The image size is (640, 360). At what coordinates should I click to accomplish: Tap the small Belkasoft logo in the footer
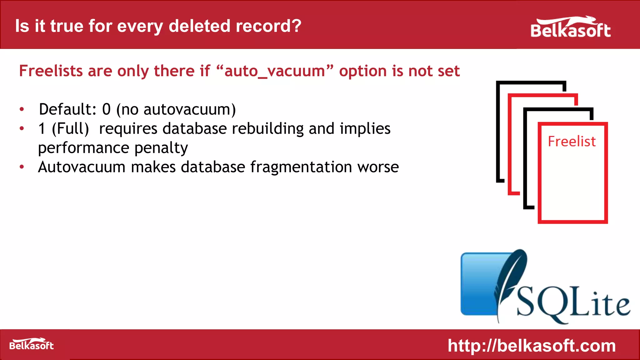point(32,344)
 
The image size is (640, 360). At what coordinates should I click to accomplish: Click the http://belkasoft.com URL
point(532,346)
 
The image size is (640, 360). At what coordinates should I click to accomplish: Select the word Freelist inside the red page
point(572,141)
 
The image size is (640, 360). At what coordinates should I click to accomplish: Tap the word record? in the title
point(268,26)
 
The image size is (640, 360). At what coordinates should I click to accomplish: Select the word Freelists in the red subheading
point(51,71)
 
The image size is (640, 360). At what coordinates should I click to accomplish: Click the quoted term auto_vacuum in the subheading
point(275,71)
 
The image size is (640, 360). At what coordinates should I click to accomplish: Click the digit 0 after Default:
point(107,109)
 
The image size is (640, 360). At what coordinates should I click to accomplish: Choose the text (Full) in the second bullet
point(70,129)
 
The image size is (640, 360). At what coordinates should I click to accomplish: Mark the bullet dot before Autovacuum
point(22,167)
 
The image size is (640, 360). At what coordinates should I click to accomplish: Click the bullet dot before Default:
point(22,109)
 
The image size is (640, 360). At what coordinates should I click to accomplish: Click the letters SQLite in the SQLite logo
point(573,305)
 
